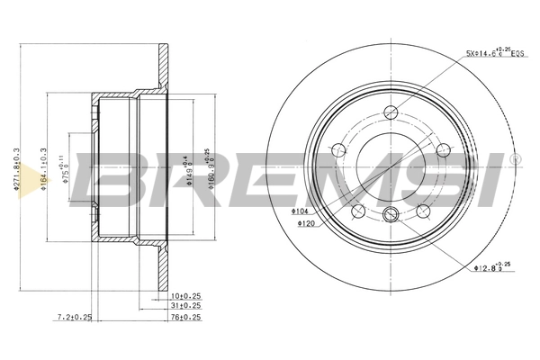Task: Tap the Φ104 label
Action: coord(301,211)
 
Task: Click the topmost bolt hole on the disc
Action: coord(391,112)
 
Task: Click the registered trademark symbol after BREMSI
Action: coord(515,159)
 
